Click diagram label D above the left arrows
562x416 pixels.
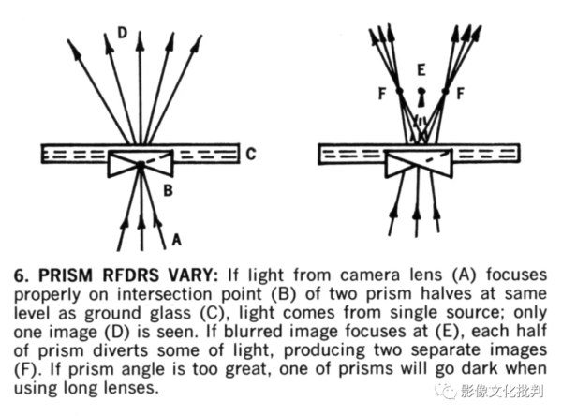point(122,33)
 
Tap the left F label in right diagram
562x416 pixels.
point(380,96)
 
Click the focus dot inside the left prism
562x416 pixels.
point(140,165)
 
